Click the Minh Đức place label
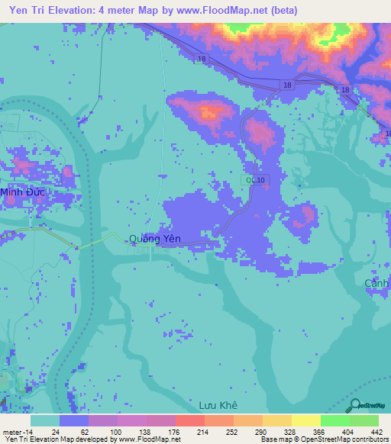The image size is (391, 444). coord(22,192)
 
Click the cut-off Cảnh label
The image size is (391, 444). coord(377,283)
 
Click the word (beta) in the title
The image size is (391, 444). coord(278,11)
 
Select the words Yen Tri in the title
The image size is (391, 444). coord(27,11)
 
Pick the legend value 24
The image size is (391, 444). coord(54,432)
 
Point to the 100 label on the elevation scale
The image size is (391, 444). coord(113,432)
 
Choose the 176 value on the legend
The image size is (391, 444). coord(171,432)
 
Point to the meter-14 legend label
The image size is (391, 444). coord(17,432)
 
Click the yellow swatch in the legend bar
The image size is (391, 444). coord(305,420)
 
